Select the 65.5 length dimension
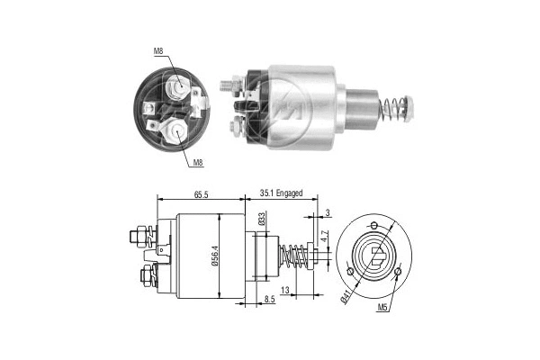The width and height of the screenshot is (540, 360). (x=200, y=193)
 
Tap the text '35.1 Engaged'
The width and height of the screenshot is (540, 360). (x=281, y=193)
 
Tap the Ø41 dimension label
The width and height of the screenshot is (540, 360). (x=346, y=295)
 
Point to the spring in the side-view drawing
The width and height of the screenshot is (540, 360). (x=295, y=256)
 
